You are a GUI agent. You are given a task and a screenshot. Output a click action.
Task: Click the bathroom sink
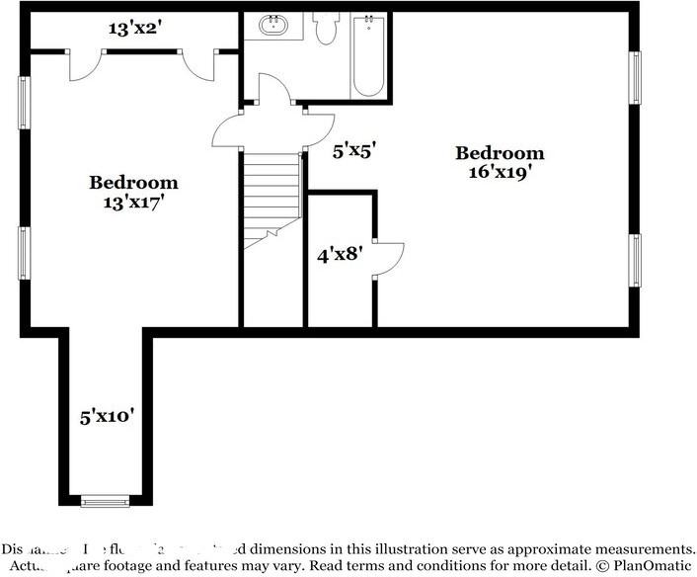[x=275, y=27]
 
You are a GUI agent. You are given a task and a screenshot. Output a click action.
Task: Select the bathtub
[x=368, y=55]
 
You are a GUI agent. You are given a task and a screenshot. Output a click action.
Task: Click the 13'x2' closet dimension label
[x=134, y=29]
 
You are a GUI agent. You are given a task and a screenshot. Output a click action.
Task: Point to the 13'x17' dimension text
[x=134, y=202]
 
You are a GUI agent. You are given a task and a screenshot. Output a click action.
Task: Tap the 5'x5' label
[x=354, y=151]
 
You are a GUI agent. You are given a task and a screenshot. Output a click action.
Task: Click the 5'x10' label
[x=107, y=416]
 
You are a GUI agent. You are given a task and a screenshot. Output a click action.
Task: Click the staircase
[x=271, y=196]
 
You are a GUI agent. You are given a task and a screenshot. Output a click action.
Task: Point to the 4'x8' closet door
[x=388, y=259]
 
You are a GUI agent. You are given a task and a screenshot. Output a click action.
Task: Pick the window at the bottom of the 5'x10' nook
[x=105, y=501]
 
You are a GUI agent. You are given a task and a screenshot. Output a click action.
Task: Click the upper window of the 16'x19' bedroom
[x=636, y=76]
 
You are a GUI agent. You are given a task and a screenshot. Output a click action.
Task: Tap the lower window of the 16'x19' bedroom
[x=636, y=260]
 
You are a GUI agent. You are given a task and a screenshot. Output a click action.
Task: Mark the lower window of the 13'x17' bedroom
[x=24, y=253]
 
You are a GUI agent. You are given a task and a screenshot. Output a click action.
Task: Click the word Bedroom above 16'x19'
[x=500, y=153]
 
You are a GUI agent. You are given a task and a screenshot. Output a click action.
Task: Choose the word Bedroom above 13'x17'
[x=134, y=183]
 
